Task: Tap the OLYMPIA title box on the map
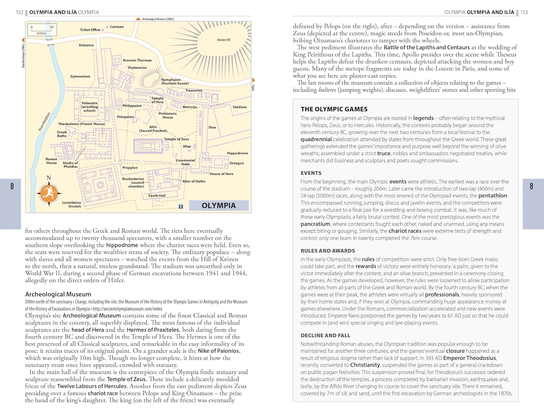219,205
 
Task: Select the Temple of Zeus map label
176,139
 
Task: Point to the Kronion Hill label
224,40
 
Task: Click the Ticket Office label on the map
90,30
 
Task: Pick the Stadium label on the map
239,107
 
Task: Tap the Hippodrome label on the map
238,153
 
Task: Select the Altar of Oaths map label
194,181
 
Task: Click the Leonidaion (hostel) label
71,204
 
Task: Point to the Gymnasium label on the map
80,76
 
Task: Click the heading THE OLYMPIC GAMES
334,109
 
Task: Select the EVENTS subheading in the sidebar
311,173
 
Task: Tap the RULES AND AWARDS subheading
327,251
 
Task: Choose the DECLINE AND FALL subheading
325,335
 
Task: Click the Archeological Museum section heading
58,294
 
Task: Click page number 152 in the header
19,12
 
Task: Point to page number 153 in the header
524,12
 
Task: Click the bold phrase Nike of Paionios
219,351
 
